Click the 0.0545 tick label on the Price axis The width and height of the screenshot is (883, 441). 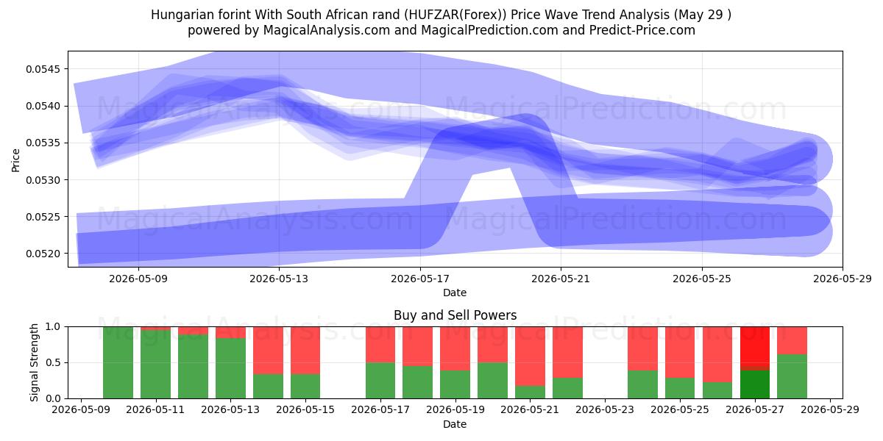pos(43,69)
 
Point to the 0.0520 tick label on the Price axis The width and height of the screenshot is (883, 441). pos(43,254)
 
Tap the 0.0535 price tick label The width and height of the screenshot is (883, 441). pos(43,143)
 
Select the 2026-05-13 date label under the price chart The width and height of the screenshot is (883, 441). pos(279,279)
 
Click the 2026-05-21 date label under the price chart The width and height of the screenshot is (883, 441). pos(561,279)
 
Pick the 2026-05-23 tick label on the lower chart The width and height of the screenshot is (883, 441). pos(605,409)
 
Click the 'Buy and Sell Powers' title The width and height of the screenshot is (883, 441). pos(455,315)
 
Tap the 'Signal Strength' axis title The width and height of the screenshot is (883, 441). pos(35,362)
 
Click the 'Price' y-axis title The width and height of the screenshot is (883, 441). pos(15,160)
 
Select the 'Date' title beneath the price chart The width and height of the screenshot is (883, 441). pos(455,293)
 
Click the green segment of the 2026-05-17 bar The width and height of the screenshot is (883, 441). pos(380,381)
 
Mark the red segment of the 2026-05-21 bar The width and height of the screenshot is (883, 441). pos(531,356)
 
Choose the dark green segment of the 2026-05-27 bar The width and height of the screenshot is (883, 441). pos(755,384)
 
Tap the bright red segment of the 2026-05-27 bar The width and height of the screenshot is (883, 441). pos(755,346)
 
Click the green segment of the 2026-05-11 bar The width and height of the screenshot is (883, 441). pos(156,365)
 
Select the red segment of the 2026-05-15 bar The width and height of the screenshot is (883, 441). pos(305,350)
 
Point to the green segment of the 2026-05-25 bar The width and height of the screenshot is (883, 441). pos(680,388)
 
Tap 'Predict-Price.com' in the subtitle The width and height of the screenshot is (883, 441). pos(642,30)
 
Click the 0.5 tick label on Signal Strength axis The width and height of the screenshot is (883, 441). pos(53,362)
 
